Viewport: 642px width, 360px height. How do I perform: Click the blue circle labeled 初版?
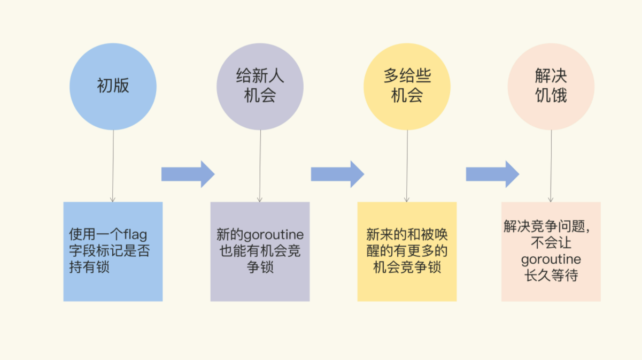[113, 87]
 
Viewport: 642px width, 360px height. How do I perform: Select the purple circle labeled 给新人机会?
[260, 87]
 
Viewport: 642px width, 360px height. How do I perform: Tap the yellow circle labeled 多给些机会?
[407, 87]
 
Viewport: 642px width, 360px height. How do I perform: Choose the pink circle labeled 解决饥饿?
[551, 87]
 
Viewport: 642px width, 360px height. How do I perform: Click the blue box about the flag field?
[113, 251]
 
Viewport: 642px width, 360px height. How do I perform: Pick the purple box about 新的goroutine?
[260, 251]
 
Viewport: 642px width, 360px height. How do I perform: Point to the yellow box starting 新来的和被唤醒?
[407, 251]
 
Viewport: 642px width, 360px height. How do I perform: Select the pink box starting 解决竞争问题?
[551, 251]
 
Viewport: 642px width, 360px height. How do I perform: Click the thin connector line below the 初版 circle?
[113, 166]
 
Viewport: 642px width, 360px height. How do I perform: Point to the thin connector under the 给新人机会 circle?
[260, 166]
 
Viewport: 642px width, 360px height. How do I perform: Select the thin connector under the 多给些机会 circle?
[407, 166]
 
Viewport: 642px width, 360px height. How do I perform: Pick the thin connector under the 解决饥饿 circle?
[551, 166]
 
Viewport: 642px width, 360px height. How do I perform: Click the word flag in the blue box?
[135, 234]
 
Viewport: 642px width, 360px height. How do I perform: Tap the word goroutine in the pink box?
[551, 260]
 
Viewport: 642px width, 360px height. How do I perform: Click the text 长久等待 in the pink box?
[551, 276]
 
